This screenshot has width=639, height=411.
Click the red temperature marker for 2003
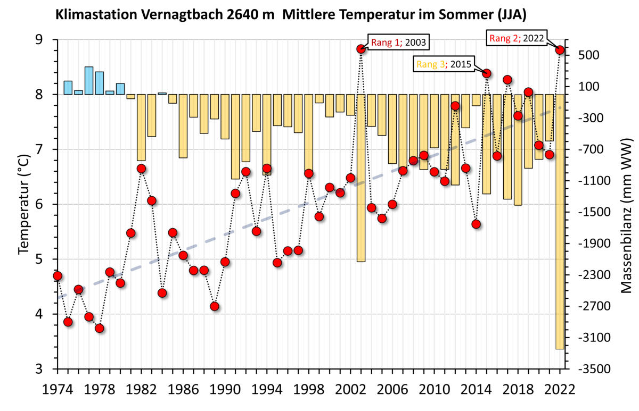point(361,49)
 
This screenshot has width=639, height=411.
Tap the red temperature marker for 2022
point(560,50)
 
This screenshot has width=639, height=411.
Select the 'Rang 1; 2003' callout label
point(399,42)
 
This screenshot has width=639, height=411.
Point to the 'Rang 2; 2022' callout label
point(516,38)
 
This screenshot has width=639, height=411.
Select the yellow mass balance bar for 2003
point(361,178)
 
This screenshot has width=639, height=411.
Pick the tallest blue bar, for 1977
point(89,80)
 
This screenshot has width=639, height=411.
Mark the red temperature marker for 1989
point(215,306)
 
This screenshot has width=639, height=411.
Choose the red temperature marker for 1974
point(58,275)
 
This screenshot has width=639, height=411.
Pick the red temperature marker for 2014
point(476,224)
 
